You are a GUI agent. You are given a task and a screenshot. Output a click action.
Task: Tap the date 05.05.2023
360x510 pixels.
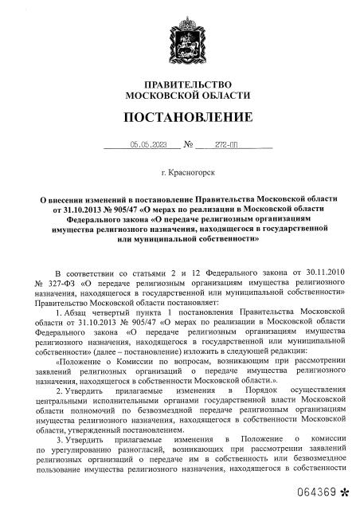tap(149, 144)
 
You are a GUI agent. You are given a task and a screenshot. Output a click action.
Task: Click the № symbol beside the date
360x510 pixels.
tap(189, 145)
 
